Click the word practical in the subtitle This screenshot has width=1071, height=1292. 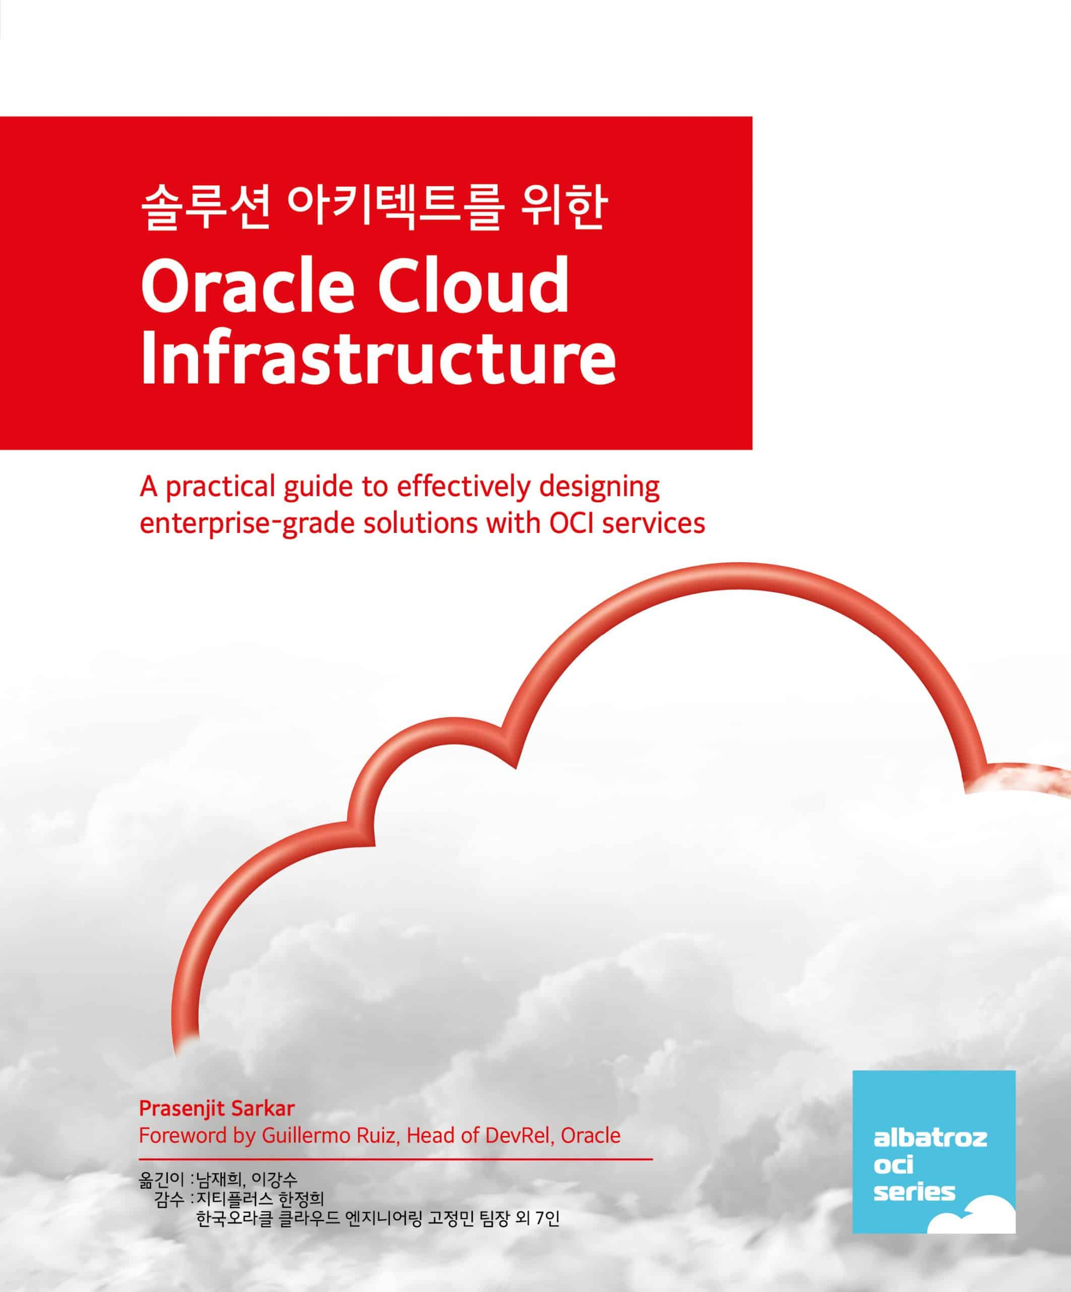click(221, 489)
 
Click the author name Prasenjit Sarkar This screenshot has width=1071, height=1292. click(217, 1108)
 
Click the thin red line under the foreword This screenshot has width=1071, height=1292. click(396, 1158)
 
